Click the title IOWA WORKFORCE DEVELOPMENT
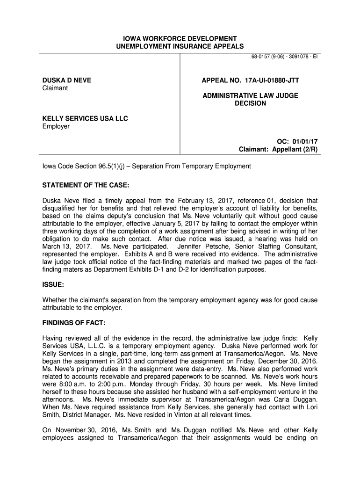(180, 38)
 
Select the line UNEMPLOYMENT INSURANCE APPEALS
(180, 46)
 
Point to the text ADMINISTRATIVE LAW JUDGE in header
(250, 95)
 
